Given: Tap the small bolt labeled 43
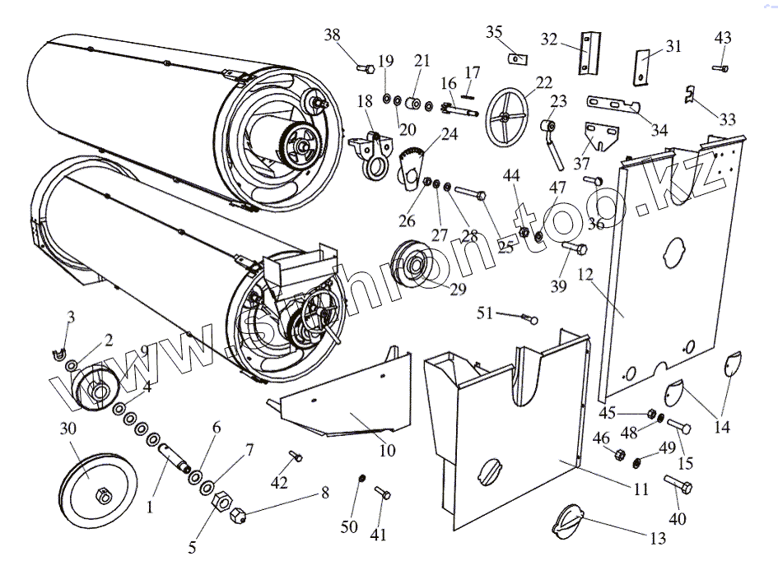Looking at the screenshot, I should pyautogui.click(x=722, y=68).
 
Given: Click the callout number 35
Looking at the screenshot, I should pyautogui.click(x=494, y=32).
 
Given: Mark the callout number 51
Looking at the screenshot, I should pyautogui.click(x=487, y=313).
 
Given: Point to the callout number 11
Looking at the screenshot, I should pyautogui.click(x=641, y=489).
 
